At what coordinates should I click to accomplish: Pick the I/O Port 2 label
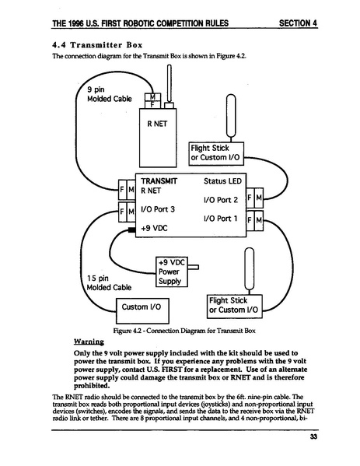click(x=220, y=199)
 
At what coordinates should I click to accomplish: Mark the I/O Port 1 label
click(x=220, y=219)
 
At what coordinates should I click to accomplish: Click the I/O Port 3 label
click(x=163, y=209)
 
